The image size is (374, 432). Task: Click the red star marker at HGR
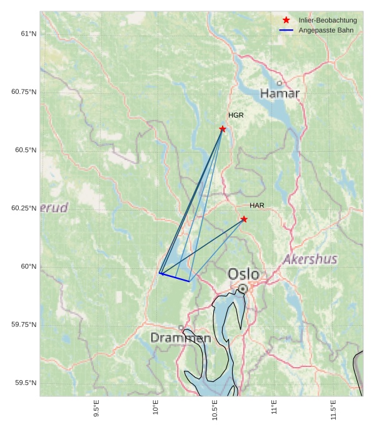pos(223,129)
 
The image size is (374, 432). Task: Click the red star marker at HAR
pos(244,219)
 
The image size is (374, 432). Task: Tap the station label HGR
pos(236,116)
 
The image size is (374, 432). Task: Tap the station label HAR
pos(257,206)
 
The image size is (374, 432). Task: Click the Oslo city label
pos(243,274)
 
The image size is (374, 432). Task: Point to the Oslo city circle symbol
pos(243,289)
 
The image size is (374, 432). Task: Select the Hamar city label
pos(280,94)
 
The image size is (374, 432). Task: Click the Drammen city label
pos(180,338)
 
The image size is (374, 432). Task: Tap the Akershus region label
pos(310,259)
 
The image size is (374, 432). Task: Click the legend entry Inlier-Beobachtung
pos(327,21)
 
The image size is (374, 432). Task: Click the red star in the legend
pos(286,21)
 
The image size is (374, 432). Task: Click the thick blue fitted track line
pos(174,278)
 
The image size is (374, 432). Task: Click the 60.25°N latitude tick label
pos(24,208)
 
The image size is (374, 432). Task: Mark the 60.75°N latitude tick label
pos(24,92)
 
